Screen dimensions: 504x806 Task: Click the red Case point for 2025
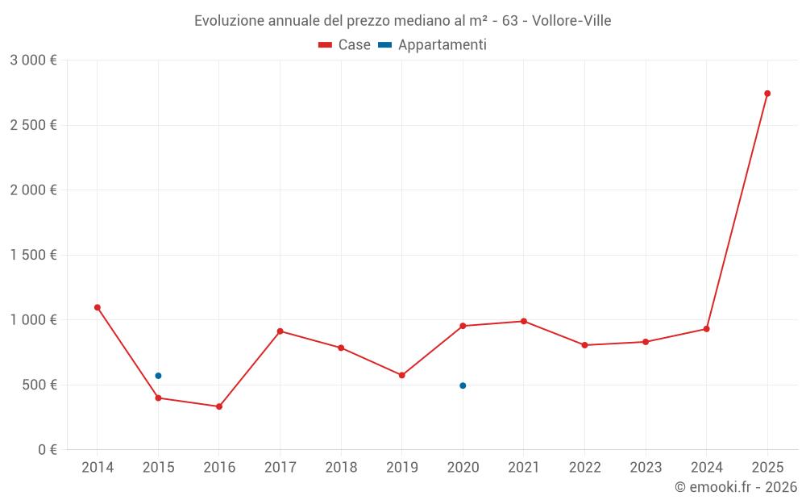click(767, 94)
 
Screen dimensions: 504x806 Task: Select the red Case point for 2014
click(98, 307)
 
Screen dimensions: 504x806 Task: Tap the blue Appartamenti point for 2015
click(158, 376)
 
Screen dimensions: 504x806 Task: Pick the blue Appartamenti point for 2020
click(463, 385)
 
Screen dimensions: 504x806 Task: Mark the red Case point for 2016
click(219, 406)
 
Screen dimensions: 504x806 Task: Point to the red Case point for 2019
click(402, 375)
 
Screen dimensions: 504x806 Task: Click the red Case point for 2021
click(524, 321)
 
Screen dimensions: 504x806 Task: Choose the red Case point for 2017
click(280, 331)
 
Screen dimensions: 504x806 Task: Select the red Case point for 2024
click(706, 329)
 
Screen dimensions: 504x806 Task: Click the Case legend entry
click(345, 45)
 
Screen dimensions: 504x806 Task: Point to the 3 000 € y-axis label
click(34, 60)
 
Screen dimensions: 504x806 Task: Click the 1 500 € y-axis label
click(34, 255)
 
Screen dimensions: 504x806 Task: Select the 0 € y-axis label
click(47, 450)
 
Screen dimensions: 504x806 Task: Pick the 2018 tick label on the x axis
click(341, 468)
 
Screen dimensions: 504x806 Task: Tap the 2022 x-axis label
click(584, 468)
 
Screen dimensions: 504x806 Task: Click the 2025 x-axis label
click(767, 468)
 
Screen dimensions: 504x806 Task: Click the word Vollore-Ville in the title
click(571, 21)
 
